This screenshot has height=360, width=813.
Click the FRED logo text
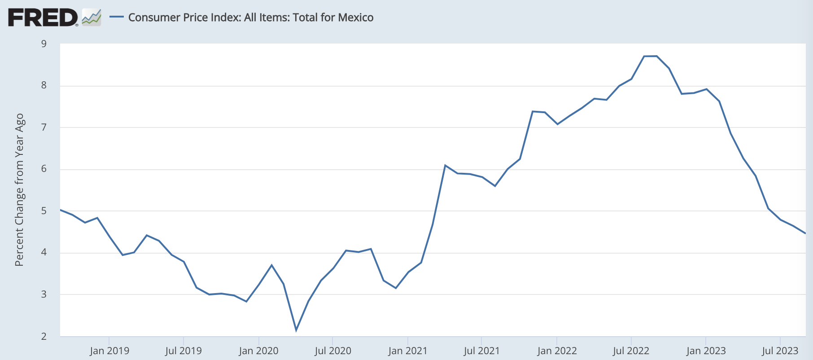point(43,18)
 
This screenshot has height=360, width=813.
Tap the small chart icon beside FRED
point(92,18)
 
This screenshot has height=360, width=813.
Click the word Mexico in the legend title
point(355,18)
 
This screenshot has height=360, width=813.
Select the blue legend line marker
point(117,18)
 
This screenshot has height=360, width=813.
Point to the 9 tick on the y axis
point(44,44)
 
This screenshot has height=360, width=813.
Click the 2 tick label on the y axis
point(44,336)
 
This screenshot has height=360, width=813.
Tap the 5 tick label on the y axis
point(44,211)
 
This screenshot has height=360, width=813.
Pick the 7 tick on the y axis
point(44,127)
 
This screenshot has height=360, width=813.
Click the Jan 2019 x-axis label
point(109,351)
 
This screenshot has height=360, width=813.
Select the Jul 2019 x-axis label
point(184,351)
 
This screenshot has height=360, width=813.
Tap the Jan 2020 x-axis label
point(258,351)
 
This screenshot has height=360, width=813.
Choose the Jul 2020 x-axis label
point(333,351)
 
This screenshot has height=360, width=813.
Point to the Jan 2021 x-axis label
point(408,351)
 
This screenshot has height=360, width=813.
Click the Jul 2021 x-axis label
point(482,351)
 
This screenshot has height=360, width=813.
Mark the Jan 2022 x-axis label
point(557,351)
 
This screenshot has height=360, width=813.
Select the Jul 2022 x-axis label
point(631,351)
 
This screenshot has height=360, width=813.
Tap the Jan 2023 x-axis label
point(706,351)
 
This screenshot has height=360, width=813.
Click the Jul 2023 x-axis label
point(780,351)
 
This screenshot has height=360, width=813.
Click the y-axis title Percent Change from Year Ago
point(19,190)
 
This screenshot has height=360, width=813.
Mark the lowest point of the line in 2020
point(296,330)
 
